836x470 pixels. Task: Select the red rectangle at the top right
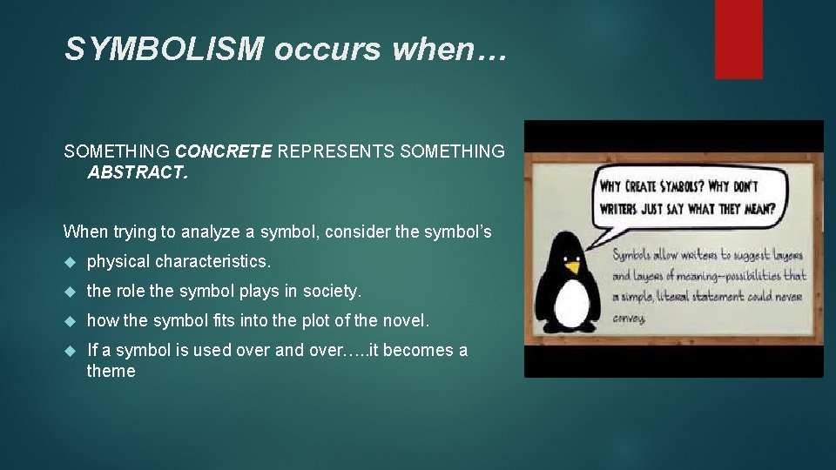[738, 39]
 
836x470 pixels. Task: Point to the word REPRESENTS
[337, 151]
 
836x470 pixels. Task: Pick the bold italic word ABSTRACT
[137, 172]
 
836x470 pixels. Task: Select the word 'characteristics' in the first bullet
[212, 261]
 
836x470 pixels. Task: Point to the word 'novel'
[405, 320]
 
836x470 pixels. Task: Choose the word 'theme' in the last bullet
[111, 371]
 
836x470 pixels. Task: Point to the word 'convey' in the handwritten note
[629, 318]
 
